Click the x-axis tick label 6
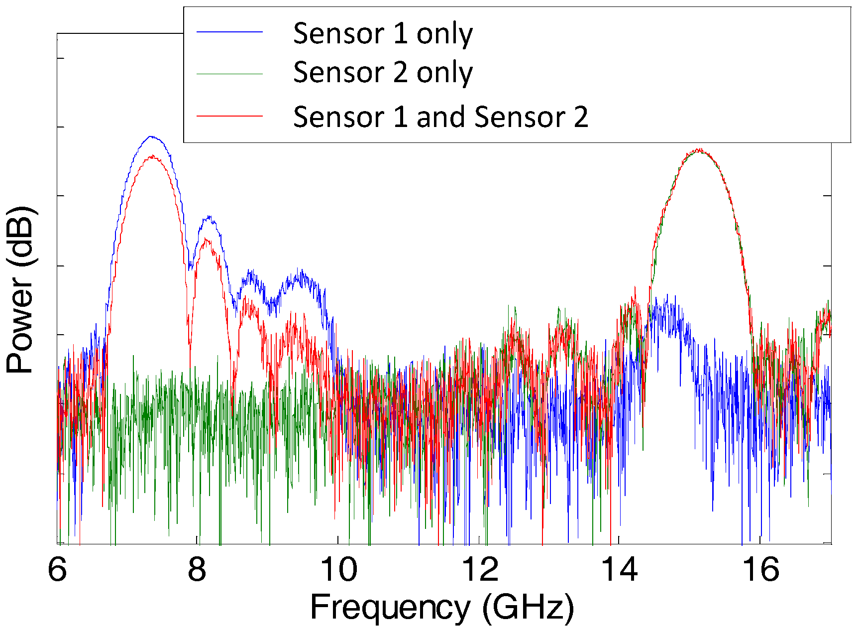point(57,569)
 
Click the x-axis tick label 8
point(197,569)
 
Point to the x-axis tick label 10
point(338,569)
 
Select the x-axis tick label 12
point(480,569)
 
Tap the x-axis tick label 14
point(620,569)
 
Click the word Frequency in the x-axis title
point(390,608)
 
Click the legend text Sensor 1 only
point(383,34)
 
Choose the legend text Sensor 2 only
point(383,73)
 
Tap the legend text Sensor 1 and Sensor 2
point(440,117)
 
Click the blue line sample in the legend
point(229,32)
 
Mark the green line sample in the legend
point(229,74)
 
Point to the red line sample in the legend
point(229,116)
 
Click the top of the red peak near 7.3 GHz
point(152,156)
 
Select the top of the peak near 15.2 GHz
point(699,149)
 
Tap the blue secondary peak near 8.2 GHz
point(210,217)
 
